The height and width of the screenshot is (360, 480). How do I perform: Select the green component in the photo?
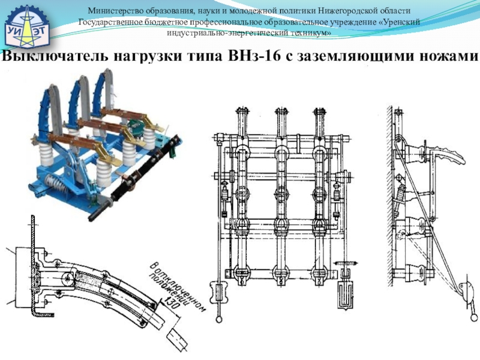point(136,127)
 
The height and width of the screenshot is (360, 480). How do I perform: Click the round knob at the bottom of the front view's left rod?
point(219,320)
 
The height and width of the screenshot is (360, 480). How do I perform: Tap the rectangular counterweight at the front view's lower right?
point(346,295)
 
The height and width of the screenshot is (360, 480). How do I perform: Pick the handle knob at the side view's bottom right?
point(474,317)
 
